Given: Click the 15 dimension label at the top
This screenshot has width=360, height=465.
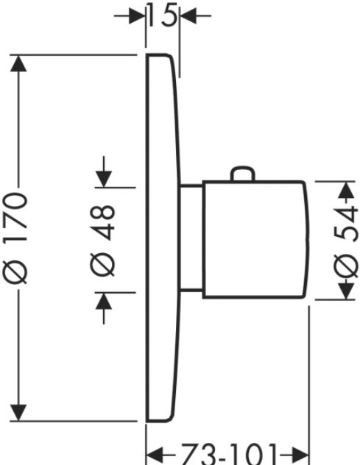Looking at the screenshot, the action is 163,15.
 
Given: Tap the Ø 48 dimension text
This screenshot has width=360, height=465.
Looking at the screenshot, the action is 102,241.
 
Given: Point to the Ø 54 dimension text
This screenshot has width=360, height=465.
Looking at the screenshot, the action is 345,242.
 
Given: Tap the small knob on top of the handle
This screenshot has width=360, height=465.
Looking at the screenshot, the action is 243,174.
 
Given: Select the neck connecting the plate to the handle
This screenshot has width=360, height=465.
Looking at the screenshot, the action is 191,238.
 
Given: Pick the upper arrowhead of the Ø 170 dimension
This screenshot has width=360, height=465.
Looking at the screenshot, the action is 18,63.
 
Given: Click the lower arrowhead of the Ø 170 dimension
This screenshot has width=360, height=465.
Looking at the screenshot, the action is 18,412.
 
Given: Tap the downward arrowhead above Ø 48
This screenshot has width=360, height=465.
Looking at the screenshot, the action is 104,179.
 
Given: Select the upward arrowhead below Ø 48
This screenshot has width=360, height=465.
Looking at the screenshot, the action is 104,301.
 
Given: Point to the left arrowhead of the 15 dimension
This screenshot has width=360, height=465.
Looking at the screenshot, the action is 137,15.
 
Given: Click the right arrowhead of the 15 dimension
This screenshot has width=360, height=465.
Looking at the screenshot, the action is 188,15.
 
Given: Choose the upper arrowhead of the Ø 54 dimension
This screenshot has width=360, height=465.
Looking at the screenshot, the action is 347,190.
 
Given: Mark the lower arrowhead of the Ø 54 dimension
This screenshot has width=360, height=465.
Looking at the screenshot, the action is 347,291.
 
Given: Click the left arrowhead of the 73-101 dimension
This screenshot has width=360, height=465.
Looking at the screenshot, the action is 155,454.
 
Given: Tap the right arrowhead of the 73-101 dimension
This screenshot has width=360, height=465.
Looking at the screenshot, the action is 300,454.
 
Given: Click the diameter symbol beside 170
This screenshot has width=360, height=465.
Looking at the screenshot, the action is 15,272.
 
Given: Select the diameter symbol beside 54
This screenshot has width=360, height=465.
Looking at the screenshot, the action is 345,266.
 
